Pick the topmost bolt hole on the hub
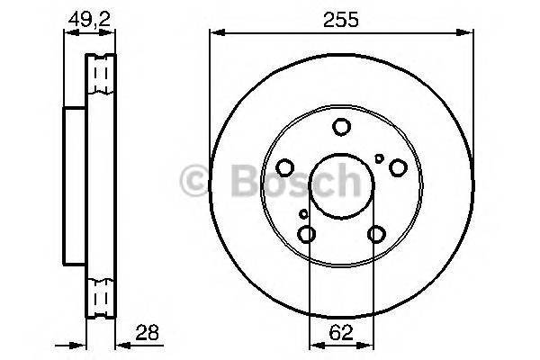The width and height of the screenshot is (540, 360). [342, 128]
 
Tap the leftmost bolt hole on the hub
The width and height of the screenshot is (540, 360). [285, 167]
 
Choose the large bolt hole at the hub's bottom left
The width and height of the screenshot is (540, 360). [308, 235]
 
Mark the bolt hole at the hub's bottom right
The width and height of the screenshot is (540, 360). [376, 235]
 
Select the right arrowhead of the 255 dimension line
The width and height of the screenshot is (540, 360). [469, 33]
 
